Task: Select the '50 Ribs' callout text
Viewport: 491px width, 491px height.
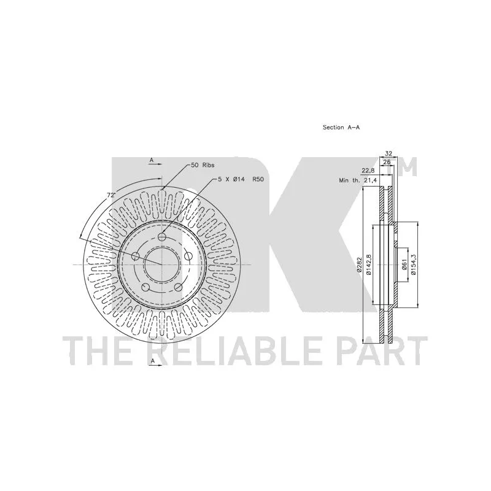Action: pyautogui.click(x=203, y=166)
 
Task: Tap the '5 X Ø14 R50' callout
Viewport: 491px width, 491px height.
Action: pyautogui.click(x=240, y=179)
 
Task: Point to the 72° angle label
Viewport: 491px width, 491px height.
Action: pyautogui.click(x=111, y=195)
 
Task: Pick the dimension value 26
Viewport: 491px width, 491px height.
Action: pyautogui.click(x=387, y=162)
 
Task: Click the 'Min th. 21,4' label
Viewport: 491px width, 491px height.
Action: pyautogui.click(x=358, y=180)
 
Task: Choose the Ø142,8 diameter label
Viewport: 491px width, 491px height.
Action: pyautogui.click(x=368, y=265)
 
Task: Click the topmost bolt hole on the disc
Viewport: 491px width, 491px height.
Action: pyautogui.click(x=162, y=238)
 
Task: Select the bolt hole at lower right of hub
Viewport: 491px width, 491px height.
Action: pyautogui.click(x=179, y=287)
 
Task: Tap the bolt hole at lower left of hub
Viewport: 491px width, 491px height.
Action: pyautogui.click(x=145, y=287)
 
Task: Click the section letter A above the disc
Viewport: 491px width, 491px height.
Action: pyautogui.click(x=151, y=161)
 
